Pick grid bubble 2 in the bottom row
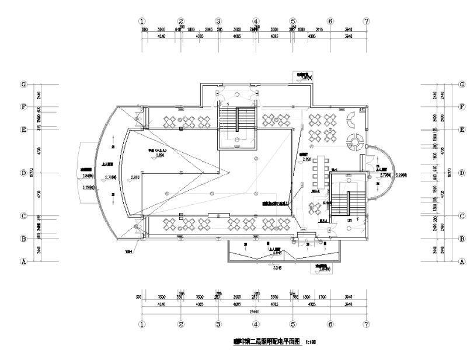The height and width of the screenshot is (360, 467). tap(181, 323)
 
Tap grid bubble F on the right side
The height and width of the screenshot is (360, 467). tap(462, 107)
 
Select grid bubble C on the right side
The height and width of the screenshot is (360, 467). tap(462, 216)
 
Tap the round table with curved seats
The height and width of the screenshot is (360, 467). tap(354, 141)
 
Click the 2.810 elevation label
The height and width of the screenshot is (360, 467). tap(135, 176)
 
